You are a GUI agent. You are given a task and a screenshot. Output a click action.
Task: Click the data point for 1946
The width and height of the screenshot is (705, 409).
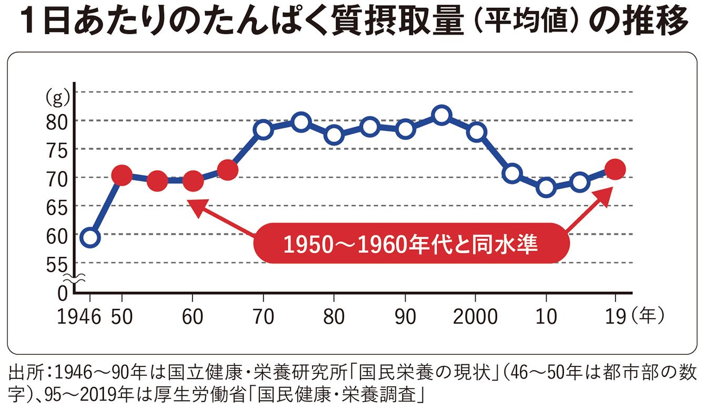90,238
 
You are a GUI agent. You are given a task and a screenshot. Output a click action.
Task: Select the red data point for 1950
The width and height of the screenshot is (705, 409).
122,175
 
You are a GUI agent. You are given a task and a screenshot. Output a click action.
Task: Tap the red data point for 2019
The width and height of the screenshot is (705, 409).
615,169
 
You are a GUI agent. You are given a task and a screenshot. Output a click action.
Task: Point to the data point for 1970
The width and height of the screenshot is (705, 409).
264,129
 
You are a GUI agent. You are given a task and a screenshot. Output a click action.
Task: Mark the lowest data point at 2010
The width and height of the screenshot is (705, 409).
546,187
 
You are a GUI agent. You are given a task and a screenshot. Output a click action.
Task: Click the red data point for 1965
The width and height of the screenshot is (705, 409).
228,170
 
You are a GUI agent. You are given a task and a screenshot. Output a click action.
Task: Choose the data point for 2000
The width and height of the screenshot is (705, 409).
476,131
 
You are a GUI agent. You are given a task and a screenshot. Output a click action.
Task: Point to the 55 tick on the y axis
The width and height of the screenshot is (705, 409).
57,264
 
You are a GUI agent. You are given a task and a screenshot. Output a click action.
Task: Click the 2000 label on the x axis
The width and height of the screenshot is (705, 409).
475,316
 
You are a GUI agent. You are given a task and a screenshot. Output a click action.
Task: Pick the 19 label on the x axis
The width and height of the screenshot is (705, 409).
615,316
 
